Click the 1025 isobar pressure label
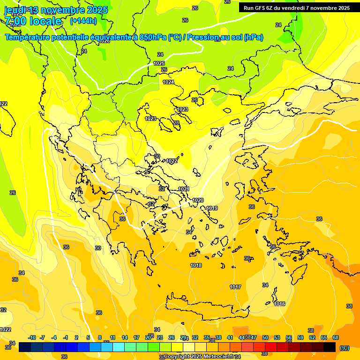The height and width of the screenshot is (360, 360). pyautogui.click(x=159, y=63)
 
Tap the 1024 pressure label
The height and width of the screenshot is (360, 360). pyautogui.click(x=168, y=82)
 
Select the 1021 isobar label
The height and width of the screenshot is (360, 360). pyautogui.click(x=184, y=189)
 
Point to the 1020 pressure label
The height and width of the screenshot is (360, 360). pyautogui.click(x=198, y=200)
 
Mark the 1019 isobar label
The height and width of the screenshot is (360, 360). pyautogui.click(x=212, y=208)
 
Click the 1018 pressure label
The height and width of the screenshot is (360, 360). pyautogui.click(x=196, y=266)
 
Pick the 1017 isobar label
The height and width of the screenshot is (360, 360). pyautogui.click(x=235, y=287)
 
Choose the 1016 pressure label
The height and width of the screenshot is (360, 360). pyautogui.click(x=279, y=304)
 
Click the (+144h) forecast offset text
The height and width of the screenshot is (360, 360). pyautogui.click(x=83, y=21)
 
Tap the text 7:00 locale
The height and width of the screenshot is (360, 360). pyautogui.click(x=33, y=21)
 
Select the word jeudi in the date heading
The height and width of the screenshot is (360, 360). pyautogui.click(x=15, y=10)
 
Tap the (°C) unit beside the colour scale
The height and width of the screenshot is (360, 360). pyautogui.click(x=344, y=348)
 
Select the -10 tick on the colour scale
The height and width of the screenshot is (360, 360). pyautogui.click(x=32, y=337)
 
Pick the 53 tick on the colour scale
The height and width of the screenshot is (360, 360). pyautogui.click(x=277, y=337)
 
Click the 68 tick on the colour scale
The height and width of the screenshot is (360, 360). pyautogui.click(x=336, y=337)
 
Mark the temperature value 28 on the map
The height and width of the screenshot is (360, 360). pyautogui.click(x=176, y=123)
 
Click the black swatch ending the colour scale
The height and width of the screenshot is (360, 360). pyautogui.click(x=330, y=347)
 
